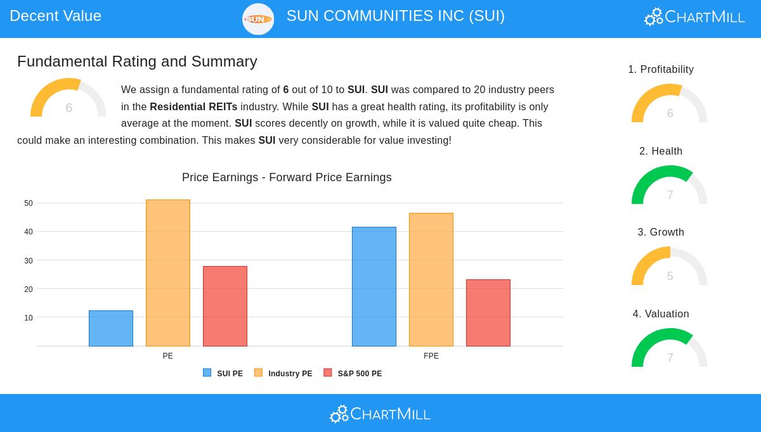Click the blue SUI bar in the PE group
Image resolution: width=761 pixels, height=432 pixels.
pos(111,328)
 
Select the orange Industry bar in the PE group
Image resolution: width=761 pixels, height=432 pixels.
pos(168,273)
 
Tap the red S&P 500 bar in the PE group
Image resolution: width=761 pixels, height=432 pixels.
pos(225,306)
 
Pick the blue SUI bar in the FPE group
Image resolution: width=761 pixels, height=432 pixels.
pos(374,286)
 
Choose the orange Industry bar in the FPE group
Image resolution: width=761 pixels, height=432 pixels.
pos(431,279)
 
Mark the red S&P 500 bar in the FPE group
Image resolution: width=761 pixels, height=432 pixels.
pos(488,313)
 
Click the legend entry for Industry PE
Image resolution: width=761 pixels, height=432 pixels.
pos(283,374)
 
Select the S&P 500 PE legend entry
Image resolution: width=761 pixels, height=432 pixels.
pos(353,374)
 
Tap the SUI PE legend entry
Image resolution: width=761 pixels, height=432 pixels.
pos(223,374)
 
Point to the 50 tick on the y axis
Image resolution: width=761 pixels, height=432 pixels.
pos(29,203)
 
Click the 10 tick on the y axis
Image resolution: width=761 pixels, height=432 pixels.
pos(29,318)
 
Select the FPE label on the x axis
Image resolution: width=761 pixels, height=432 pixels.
pos(431,356)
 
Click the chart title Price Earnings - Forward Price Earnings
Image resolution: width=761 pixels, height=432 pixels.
pos(287,177)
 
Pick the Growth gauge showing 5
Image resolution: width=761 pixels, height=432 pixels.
pos(669,267)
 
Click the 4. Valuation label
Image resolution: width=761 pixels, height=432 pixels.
pos(661,314)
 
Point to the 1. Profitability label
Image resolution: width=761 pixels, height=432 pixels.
pos(661,69)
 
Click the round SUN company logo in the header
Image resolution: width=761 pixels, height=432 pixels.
pos(258,19)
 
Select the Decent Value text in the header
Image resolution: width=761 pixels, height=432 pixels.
pos(55,16)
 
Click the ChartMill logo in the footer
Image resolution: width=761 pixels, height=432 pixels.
pos(380,414)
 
